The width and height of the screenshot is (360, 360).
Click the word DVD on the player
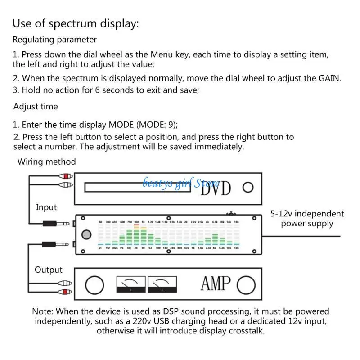click(216, 188)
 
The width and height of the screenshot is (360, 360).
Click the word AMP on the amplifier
click(216, 284)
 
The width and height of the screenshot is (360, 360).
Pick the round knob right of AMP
click(247, 284)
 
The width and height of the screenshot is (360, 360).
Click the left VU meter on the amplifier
click(131, 284)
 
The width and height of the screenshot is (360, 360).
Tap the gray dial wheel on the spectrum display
click(85, 235)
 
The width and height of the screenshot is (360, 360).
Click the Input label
click(46, 207)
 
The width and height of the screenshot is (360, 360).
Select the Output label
click(48, 270)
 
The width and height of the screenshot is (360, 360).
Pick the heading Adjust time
click(36, 107)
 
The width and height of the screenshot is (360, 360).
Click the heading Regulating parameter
click(54, 40)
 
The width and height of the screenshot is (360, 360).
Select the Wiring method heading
click(46, 162)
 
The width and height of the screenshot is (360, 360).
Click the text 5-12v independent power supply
click(307, 219)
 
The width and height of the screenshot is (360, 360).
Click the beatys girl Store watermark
click(182, 183)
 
